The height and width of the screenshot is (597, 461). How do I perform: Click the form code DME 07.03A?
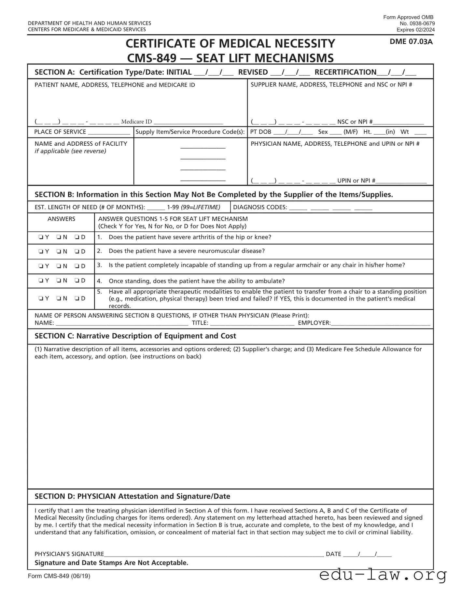coord(411,42)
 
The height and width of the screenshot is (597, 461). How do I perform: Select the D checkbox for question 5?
coord(77,298)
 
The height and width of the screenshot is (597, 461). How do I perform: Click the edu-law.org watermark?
coord(383,575)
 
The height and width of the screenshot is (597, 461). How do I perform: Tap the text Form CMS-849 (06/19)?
coord(59,576)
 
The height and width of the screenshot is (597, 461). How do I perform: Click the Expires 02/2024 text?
coord(415,30)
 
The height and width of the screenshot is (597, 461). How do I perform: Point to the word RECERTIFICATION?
coord(345,72)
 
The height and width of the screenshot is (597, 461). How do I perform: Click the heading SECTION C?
coord(135,336)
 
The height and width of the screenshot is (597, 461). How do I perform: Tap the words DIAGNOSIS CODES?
coord(260,207)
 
